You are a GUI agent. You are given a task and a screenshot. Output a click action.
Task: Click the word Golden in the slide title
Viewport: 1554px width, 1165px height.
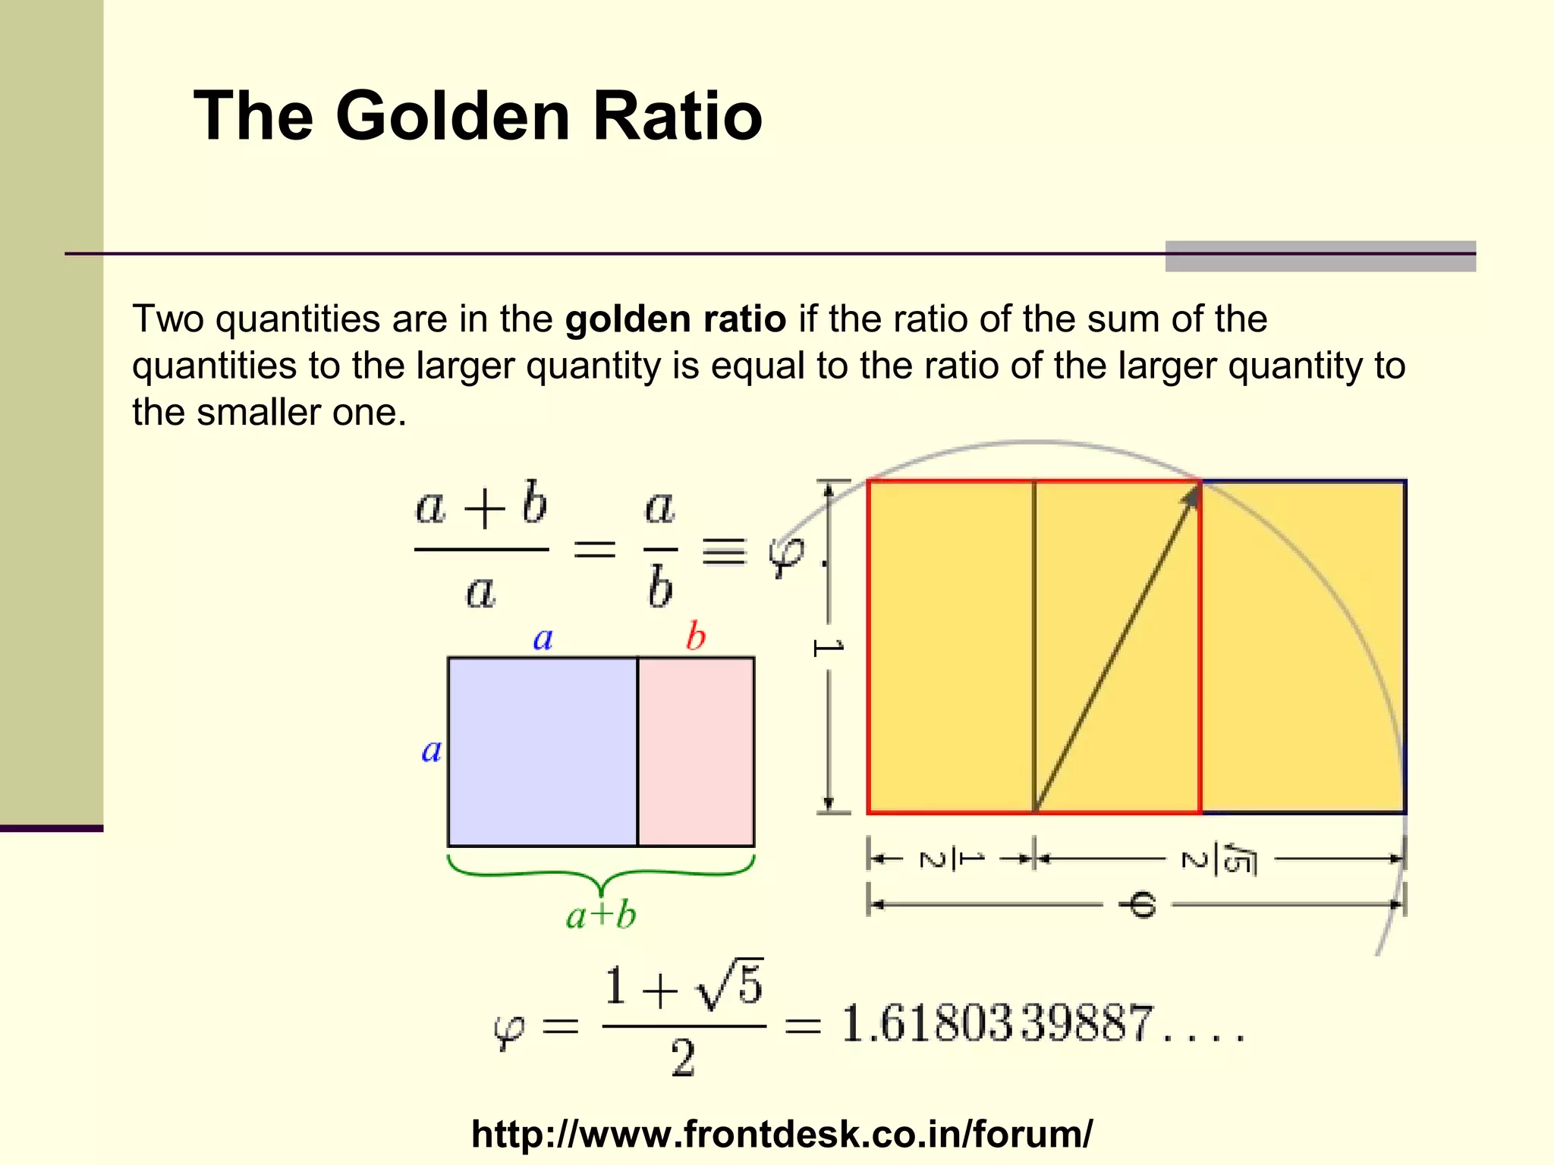[x=452, y=116]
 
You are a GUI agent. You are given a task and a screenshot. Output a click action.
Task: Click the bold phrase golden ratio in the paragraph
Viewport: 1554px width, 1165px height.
[x=675, y=319]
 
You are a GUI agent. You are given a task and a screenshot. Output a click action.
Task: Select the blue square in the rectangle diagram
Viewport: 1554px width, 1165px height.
[x=543, y=751]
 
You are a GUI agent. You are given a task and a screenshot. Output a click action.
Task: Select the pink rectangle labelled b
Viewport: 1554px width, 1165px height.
[x=696, y=751]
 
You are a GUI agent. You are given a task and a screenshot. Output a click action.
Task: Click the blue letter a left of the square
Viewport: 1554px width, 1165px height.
[x=432, y=751]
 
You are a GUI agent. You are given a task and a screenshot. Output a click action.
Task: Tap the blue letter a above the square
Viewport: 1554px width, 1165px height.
[x=543, y=639]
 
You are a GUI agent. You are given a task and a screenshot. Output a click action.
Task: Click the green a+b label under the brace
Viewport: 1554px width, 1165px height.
[x=601, y=915]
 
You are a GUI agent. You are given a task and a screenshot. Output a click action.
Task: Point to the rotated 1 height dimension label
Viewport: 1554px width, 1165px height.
[x=828, y=647]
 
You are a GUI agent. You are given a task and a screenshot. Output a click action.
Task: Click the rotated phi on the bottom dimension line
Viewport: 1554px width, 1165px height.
[x=1137, y=905]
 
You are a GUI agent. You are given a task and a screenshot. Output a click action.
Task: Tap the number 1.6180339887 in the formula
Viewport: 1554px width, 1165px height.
[x=998, y=1023]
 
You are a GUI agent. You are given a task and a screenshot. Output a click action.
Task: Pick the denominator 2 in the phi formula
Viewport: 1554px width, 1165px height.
[x=682, y=1058]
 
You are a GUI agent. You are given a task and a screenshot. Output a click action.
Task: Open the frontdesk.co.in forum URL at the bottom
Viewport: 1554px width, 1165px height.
[x=782, y=1134]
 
